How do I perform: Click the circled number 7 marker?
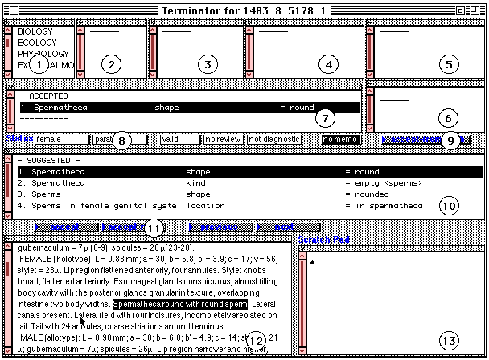click(323, 119)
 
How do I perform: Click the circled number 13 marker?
click(450, 341)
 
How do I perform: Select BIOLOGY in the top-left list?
click(31, 32)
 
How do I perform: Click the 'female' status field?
click(60, 139)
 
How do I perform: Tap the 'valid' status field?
click(179, 139)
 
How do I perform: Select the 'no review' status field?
click(222, 139)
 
